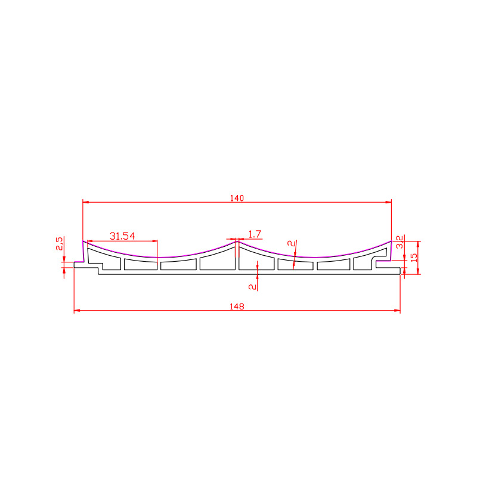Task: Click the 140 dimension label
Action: point(237,199)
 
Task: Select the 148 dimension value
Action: point(237,306)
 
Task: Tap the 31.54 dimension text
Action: point(122,236)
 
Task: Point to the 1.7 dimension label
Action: point(255,234)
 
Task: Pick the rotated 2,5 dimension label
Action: point(60,243)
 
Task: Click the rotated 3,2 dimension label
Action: point(399,242)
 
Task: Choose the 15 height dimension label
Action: point(414,258)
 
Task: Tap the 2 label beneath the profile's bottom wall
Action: point(253,287)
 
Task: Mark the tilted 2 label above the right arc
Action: point(292,243)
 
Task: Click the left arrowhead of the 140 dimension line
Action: point(85,202)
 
